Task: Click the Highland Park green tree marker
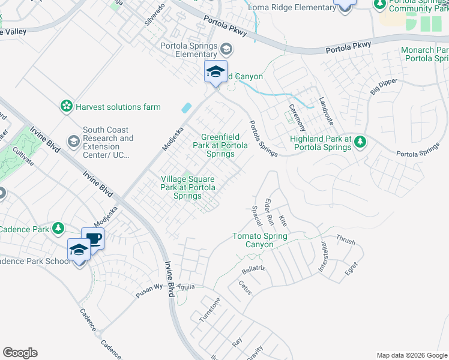click(x=360, y=142)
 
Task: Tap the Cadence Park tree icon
click(x=58, y=229)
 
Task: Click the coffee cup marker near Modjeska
click(x=92, y=238)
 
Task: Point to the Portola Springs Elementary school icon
click(x=226, y=49)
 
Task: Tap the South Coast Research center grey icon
click(x=73, y=142)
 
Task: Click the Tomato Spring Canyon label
click(x=261, y=241)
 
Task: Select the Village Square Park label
click(x=188, y=187)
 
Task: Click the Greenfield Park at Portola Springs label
click(x=216, y=145)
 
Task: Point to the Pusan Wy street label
click(x=149, y=286)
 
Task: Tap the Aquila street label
click(x=186, y=287)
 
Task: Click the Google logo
click(x=20, y=353)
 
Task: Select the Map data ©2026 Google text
click(x=411, y=355)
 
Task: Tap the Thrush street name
click(x=346, y=241)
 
